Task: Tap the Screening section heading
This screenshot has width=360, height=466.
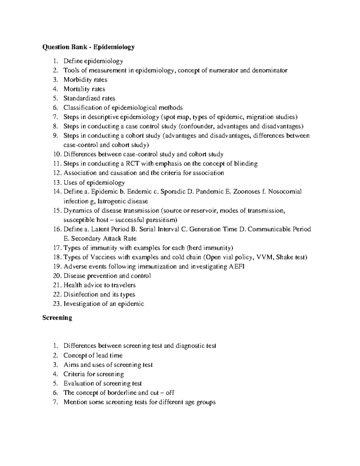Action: (x=57, y=318)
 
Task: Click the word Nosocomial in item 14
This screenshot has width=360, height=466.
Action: (x=285, y=192)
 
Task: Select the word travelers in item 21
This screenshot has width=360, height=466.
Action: (x=124, y=285)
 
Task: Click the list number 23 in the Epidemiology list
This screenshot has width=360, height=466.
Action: (x=57, y=304)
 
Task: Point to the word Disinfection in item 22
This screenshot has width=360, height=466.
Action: (x=81, y=295)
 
